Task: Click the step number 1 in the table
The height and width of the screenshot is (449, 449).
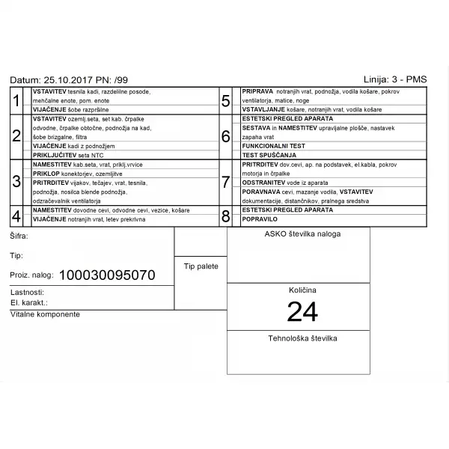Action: click(16, 101)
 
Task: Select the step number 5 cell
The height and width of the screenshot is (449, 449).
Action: click(225, 101)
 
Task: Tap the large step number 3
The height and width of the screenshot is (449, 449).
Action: click(16, 182)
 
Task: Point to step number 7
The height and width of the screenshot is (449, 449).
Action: click(225, 182)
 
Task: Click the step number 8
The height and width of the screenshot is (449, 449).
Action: click(225, 216)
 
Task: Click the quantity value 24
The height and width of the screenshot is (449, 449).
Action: click(302, 311)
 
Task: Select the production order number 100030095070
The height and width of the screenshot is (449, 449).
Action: click(107, 275)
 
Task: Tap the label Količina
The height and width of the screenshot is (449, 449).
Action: click(302, 290)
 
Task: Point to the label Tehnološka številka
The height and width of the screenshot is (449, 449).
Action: click(302, 338)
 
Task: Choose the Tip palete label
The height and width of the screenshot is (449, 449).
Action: click(201, 266)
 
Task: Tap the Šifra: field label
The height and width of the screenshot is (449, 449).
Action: click(20, 236)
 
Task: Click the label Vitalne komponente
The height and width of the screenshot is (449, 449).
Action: click(45, 314)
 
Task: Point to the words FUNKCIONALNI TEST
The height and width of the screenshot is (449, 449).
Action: click(273, 146)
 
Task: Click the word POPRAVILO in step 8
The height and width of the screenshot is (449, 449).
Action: click(260, 219)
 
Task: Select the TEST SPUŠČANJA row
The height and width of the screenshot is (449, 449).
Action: click(269, 155)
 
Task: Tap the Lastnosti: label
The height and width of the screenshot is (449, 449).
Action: click(28, 293)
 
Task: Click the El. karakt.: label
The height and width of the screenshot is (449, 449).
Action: click(30, 303)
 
